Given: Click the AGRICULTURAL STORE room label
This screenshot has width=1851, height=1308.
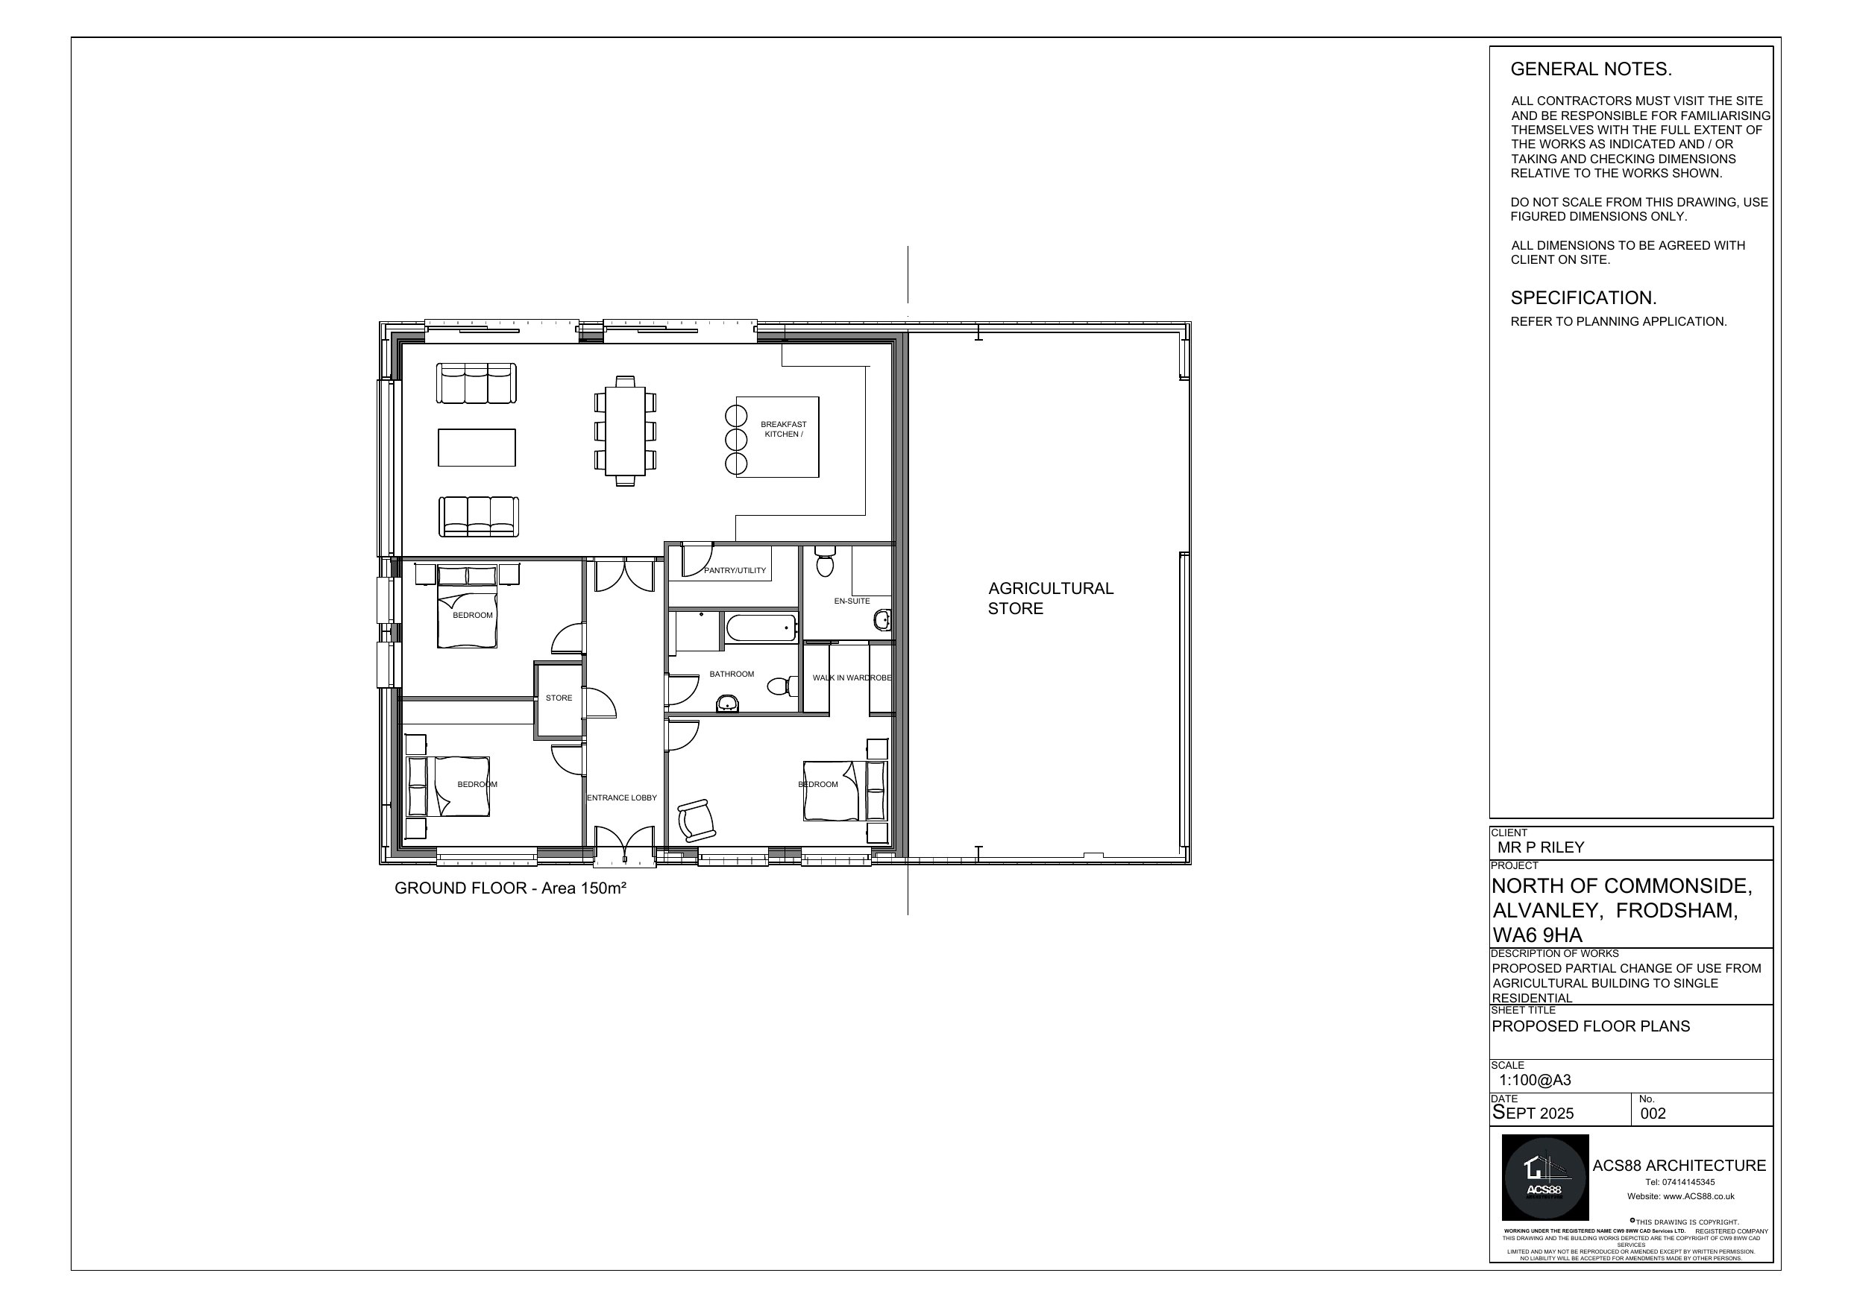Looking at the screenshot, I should [1049, 598].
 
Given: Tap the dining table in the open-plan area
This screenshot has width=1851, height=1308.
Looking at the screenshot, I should [625, 430].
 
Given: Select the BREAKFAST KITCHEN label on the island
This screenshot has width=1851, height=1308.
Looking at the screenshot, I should [783, 429].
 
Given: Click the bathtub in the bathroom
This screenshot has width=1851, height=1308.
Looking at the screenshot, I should [761, 628].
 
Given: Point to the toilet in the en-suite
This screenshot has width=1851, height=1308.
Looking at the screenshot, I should [824, 562].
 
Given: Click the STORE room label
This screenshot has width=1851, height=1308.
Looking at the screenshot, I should [559, 698].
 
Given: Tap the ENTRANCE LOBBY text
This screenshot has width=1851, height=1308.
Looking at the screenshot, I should [621, 798].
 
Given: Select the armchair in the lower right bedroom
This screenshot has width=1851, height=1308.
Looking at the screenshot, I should [696, 821].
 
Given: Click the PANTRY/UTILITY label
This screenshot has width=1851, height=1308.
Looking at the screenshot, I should [735, 571].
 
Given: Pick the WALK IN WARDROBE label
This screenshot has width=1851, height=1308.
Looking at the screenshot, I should [852, 677].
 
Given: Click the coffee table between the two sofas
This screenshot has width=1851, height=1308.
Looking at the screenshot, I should [477, 447].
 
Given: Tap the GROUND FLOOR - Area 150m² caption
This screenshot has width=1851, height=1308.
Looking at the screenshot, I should [510, 888].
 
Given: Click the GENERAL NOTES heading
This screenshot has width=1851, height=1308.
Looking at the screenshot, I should [1591, 69].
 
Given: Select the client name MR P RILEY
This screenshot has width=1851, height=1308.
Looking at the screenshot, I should [1541, 847].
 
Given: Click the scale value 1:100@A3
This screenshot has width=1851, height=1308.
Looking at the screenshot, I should [1534, 1080].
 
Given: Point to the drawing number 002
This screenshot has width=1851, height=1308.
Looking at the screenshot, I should [1653, 1113].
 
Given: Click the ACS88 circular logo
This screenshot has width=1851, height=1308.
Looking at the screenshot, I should [1544, 1178].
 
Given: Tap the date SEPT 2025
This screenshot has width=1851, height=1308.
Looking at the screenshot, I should [1533, 1113].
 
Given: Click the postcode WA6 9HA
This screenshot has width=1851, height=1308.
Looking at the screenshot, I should [1536, 935].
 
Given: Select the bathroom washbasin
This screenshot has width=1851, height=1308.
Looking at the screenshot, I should [727, 704].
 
